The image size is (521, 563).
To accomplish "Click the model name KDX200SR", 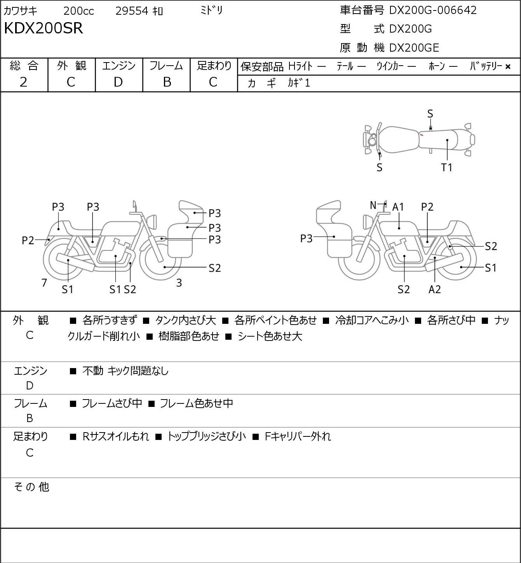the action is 44,28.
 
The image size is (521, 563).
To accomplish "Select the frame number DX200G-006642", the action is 433,10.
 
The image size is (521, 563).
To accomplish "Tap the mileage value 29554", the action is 132,11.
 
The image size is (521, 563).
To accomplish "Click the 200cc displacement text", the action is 78,11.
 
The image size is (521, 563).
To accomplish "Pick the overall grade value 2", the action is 23,82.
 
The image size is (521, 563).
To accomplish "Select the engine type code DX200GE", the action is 414,48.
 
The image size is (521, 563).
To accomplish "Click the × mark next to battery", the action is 508,67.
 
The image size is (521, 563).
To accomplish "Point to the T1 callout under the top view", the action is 446,167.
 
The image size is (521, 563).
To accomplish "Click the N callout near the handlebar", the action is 373,205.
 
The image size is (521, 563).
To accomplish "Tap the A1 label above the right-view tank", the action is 398,207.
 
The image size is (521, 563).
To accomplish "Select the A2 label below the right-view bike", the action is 434,289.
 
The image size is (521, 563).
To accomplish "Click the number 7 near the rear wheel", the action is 44,282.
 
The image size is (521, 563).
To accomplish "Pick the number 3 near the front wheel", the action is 179,283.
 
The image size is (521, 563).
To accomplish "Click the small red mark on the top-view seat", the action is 422,135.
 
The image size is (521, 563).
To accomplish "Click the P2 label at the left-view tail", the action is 28,240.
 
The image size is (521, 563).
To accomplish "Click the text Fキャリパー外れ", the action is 298,436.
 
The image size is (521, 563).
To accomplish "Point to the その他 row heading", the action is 31,487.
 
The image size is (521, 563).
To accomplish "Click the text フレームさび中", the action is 112,403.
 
